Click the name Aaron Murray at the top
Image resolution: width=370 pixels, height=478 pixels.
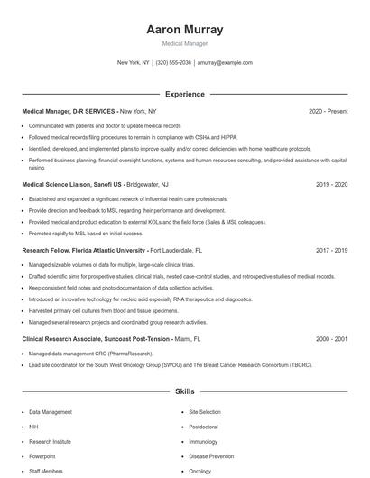[184, 30]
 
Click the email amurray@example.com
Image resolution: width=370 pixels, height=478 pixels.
[225, 63]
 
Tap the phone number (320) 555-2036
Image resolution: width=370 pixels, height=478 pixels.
[173, 63]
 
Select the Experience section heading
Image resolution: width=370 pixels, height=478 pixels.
[184, 94]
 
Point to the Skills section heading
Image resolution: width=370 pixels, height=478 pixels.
[184, 392]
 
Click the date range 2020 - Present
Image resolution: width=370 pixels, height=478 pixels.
[328, 111]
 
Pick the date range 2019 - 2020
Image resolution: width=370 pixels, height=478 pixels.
[331, 184]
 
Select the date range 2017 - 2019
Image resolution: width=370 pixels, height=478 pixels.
[331, 250]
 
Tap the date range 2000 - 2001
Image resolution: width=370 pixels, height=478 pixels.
[331, 338]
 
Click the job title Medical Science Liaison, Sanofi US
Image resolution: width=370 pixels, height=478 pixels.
[71, 184]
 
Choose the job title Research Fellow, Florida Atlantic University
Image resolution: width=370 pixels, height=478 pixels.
[83, 250]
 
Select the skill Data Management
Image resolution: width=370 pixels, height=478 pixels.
[51, 411]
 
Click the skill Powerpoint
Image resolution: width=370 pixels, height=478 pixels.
[43, 456]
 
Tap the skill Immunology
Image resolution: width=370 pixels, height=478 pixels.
[202, 442]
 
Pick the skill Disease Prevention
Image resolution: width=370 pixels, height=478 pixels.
[211, 456]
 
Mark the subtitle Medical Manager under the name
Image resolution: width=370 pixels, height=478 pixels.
[184, 43]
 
